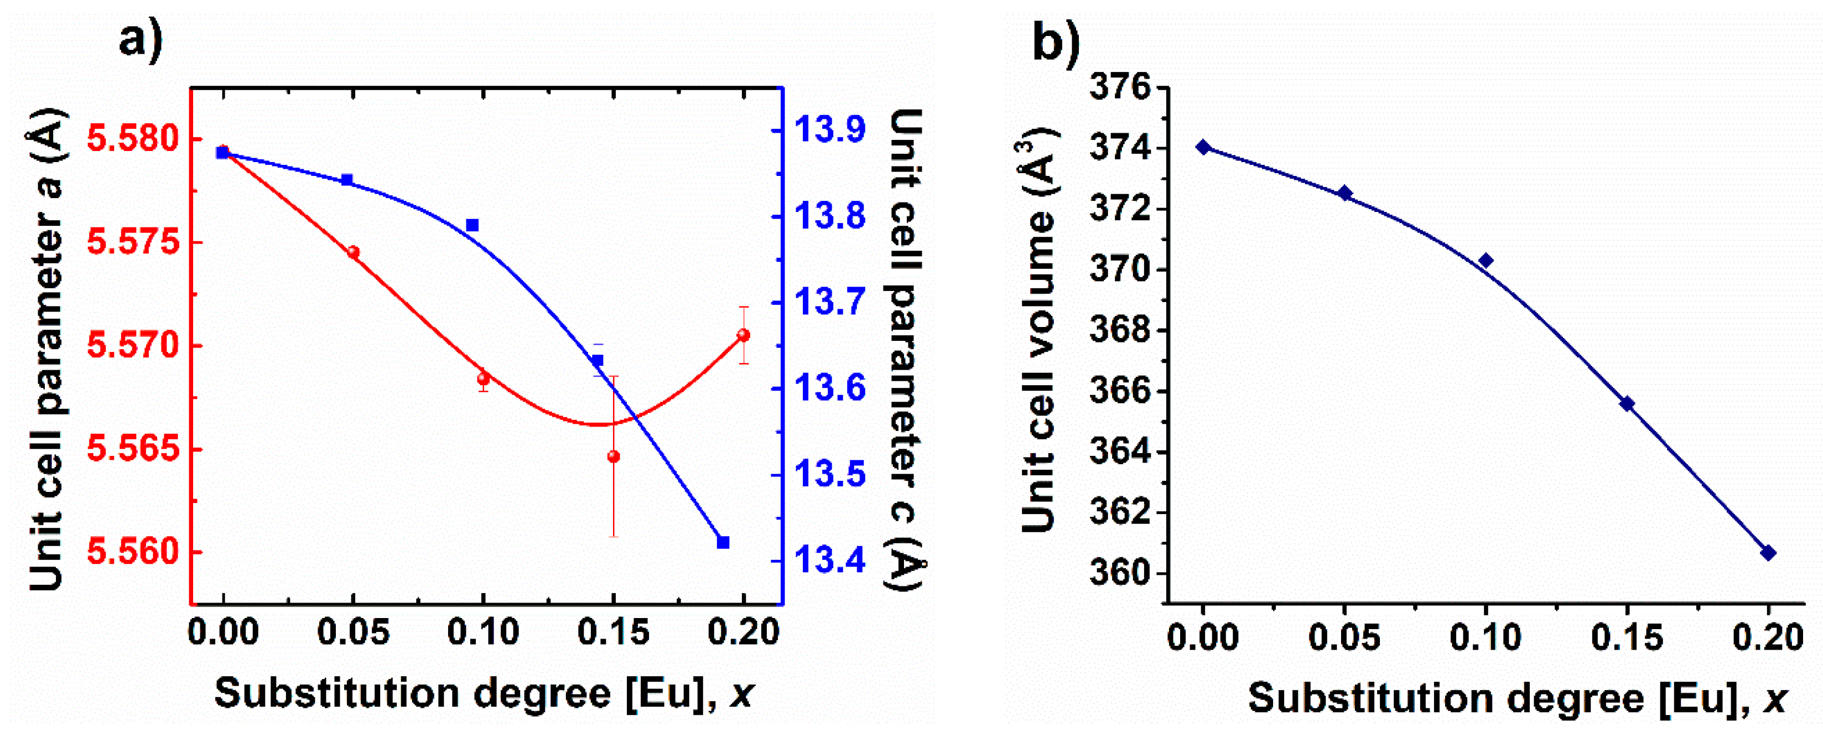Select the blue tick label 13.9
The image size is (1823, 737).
[x=829, y=130]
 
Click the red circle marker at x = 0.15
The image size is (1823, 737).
[x=614, y=456]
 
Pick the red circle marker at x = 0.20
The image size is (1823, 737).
[x=743, y=335]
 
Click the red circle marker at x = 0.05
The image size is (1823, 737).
[x=353, y=252]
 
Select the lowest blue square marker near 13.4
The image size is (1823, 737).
[x=723, y=542]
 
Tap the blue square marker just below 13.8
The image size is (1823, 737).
[x=472, y=225]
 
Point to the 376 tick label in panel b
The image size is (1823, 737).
[x=1120, y=88]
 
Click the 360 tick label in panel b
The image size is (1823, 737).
[x=1120, y=573]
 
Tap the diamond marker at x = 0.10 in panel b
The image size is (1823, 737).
[x=1486, y=261]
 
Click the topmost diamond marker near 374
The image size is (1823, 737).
[x=1203, y=147]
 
